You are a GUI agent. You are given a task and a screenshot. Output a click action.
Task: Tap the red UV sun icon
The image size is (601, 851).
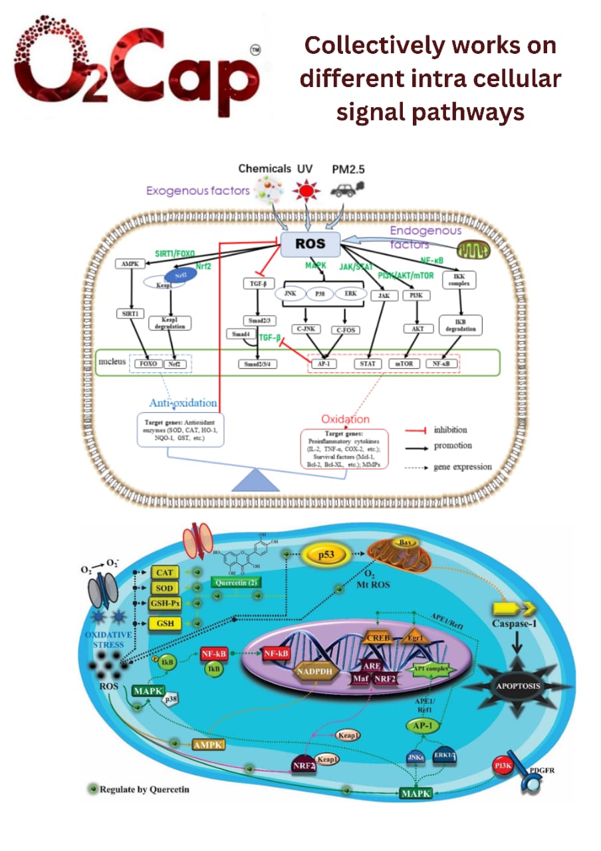click(x=306, y=191)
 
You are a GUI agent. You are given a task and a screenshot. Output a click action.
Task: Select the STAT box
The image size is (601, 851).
click(x=368, y=364)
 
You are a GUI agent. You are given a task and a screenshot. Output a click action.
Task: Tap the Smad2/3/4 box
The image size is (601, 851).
click(x=259, y=364)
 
